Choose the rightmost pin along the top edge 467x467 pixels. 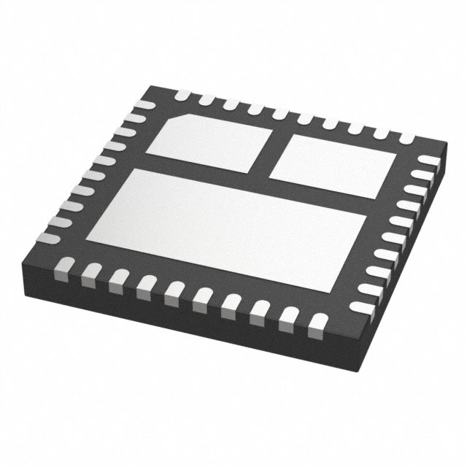coord(406,138)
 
